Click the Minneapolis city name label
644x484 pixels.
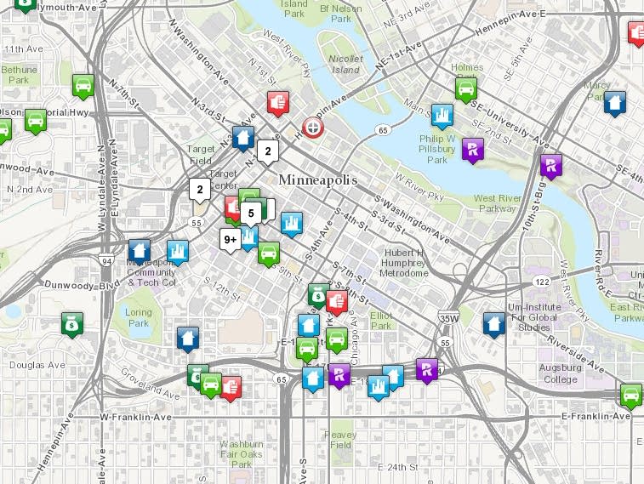tap(315, 181)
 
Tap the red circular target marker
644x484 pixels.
tap(313, 128)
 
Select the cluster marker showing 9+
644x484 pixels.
tap(230, 240)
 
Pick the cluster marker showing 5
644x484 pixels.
tap(250, 212)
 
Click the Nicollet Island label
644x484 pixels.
tap(322, 65)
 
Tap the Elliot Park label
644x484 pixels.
tap(381, 320)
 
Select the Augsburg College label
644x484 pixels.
tap(561, 373)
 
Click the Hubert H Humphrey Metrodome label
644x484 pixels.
tap(403, 263)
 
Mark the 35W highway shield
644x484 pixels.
tap(449, 319)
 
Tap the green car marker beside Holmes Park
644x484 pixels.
tap(465, 88)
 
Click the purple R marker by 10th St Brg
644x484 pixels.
tap(551, 165)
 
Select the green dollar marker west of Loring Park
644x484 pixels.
tap(72, 322)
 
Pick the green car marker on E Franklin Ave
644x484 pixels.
tap(631, 395)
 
